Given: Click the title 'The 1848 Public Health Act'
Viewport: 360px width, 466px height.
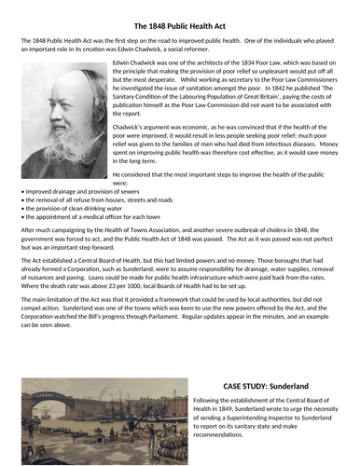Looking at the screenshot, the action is (x=180, y=25).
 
